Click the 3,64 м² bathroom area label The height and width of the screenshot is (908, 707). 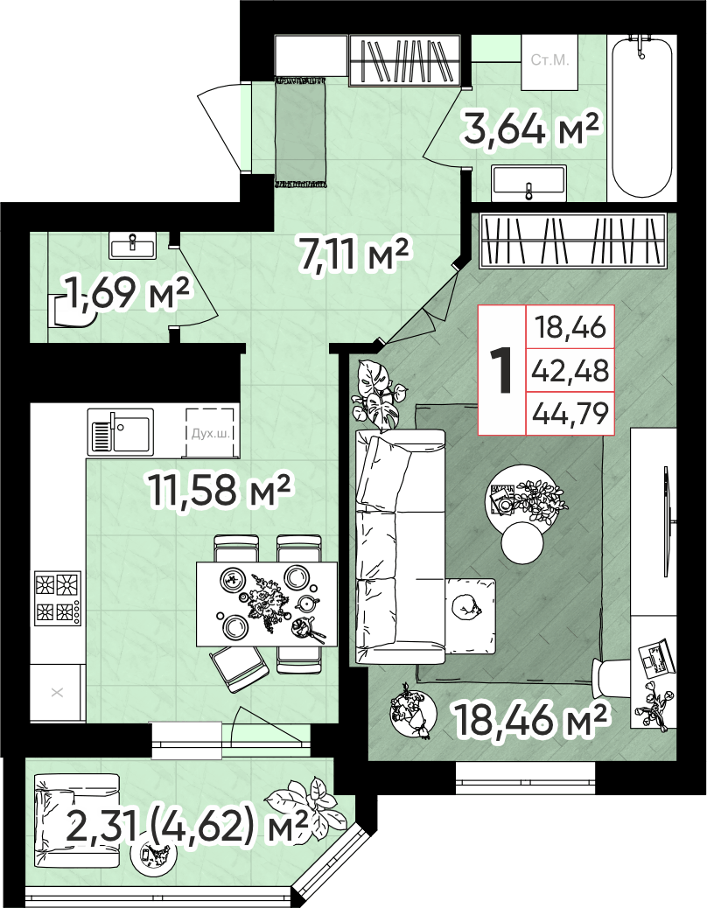(x=530, y=129)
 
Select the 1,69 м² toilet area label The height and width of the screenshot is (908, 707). (x=128, y=293)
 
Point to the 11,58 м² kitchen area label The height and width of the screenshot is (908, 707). (x=219, y=489)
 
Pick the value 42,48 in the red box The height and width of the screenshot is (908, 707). (x=570, y=370)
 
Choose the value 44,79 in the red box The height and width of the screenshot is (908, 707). (x=570, y=414)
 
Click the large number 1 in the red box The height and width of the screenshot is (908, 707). (x=501, y=371)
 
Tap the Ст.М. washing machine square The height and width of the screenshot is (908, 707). (x=550, y=62)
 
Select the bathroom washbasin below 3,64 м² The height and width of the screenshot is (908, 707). (x=528, y=183)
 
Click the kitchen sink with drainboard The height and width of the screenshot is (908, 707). (x=121, y=431)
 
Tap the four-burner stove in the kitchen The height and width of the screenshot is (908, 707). (x=58, y=598)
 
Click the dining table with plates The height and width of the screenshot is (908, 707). (x=267, y=604)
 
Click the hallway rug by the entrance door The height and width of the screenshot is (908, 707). (x=300, y=133)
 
